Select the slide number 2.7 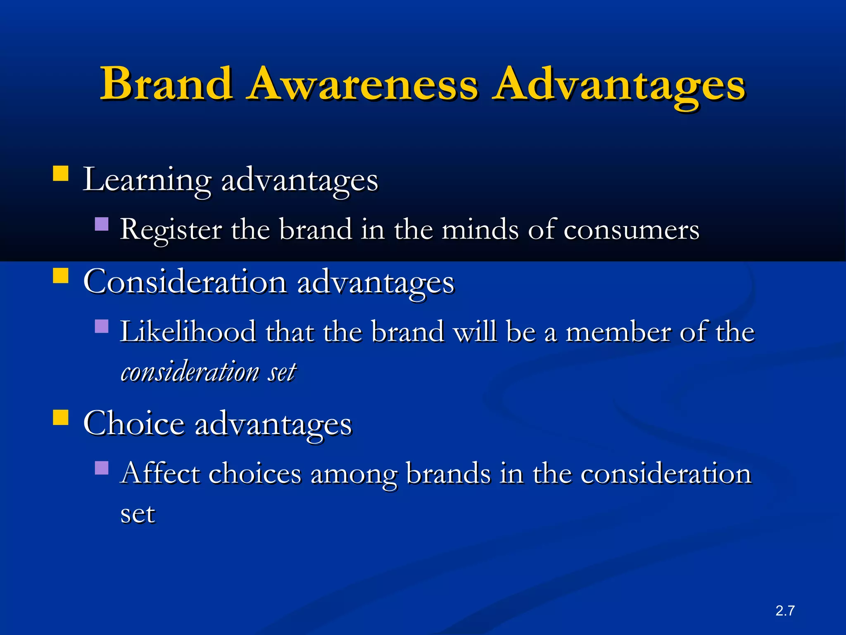click(x=785, y=611)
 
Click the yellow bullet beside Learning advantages click(x=61, y=174)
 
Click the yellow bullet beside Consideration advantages click(x=61, y=275)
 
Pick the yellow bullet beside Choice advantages click(x=61, y=417)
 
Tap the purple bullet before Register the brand click(x=102, y=224)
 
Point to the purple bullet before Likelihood click(x=102, y=326)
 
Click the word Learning click(x=147, y=180)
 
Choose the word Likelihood click(x=188, y=332)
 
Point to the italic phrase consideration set click(x=208, y=372)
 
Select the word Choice click(x=134, y=424)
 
